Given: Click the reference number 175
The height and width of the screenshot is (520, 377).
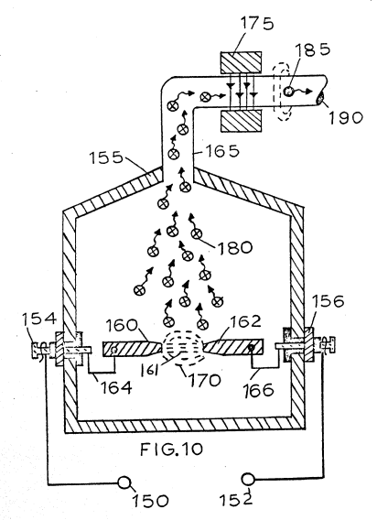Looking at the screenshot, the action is click(257, 24).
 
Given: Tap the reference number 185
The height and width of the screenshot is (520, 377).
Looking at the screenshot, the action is click(312, 49).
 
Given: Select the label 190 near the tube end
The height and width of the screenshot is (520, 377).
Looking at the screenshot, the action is click(346, 118).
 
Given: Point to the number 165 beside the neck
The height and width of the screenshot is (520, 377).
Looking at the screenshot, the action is click(221, 151).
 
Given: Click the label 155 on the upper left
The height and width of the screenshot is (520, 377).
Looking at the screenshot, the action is click(106, 157).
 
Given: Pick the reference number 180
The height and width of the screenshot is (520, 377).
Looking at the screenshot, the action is click(235, 247).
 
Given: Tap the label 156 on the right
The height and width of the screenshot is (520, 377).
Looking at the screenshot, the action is click(329, 301).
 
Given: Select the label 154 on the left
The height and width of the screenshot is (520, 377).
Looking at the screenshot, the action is click(39, 319).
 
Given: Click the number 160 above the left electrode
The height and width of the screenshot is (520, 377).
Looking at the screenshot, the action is click(122, 325).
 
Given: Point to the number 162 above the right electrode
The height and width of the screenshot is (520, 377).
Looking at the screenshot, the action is click(244, 321).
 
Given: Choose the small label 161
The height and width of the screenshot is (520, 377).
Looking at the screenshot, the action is click(149, 370).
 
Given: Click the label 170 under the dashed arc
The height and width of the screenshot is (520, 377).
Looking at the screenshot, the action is click(205, 380).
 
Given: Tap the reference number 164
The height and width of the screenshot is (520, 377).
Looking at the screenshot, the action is click(116, 387).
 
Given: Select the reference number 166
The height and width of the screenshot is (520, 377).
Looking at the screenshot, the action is click(258, 390).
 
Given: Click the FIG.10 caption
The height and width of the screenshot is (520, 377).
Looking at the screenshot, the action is click(171, 450).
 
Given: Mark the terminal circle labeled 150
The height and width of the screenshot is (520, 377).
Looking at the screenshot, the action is click(124, 483).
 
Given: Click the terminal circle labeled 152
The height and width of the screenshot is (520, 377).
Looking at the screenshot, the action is click(248, 480).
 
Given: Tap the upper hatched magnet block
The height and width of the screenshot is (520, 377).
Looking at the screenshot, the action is click(241, 62).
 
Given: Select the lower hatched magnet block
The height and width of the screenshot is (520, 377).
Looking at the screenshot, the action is click(241, 121).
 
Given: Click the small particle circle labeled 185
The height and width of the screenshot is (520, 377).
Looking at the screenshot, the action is click(288, 91).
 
